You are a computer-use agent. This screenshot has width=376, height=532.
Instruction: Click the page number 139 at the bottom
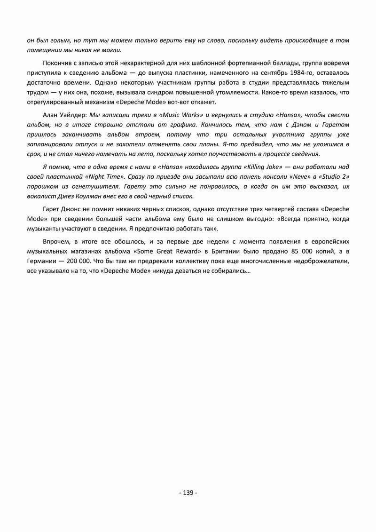point(188,492)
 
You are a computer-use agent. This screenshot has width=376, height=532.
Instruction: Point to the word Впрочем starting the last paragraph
point(55,242)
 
